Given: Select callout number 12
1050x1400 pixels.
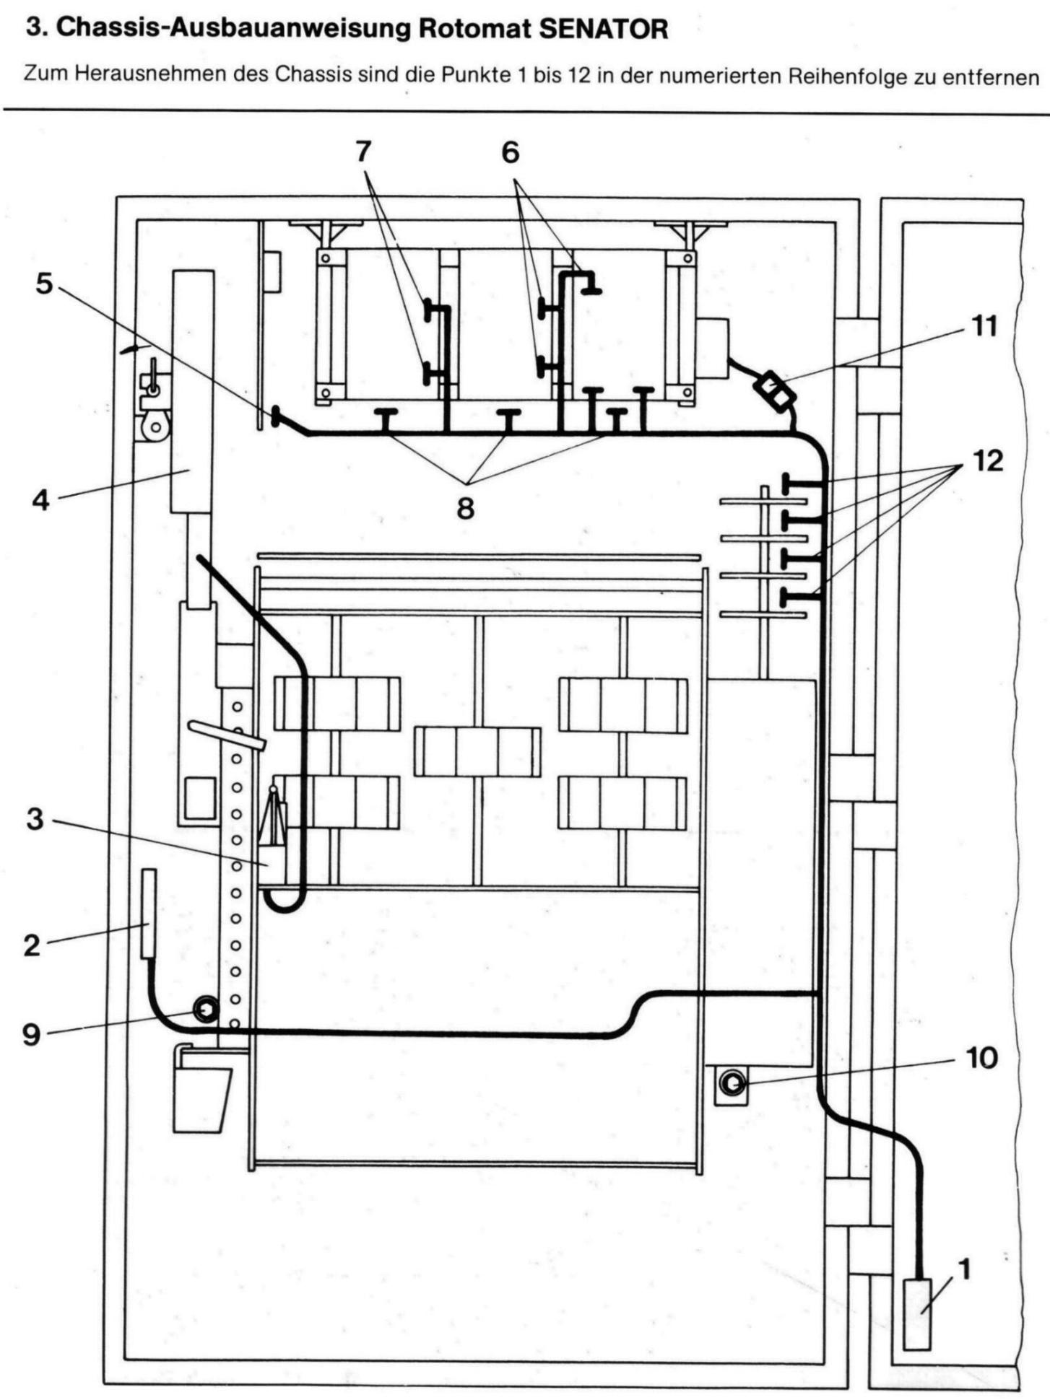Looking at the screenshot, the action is (x=988, y=460).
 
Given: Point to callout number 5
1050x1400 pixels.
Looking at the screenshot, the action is (x=44, y=284).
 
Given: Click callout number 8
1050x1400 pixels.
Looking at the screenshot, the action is (x=466, y=508).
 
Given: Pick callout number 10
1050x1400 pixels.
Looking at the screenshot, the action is (x=981, y=1058).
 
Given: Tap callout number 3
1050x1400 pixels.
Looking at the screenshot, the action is (x=35, y=820).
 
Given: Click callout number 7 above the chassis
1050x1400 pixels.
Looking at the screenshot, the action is (x=363, y=151).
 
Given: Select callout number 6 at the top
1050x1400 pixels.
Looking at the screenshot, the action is (x=511, y=152).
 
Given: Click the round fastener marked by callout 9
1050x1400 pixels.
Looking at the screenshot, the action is (x=205, y=1008).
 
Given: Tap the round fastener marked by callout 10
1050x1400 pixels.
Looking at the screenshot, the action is (x=732, y=1082).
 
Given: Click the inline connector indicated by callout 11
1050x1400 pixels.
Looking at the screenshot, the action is (x=773, y=389).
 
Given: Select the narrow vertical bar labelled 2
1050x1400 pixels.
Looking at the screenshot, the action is (x=148, y=914).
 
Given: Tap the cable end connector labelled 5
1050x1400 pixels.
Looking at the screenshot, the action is (x=277, y=416).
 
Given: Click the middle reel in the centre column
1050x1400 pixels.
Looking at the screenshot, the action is (x=477, y=751).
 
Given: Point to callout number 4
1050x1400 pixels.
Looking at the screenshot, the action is (x=41, y=499).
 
